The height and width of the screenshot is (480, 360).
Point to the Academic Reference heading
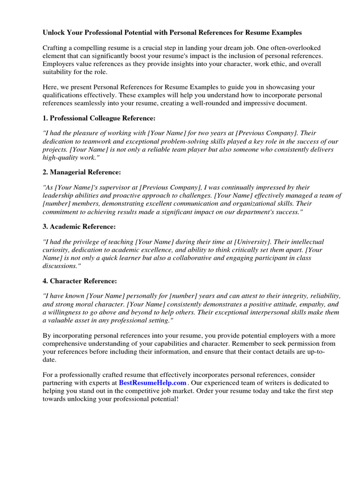click(x=82, y=226)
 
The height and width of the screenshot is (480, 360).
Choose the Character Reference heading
click(x=83, y=281)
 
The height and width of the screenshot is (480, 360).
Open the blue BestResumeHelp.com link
click(x=152, y=382)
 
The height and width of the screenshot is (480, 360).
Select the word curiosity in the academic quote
click(x=58, y=250)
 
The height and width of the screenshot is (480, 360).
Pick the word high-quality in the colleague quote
click(x=60, y=157)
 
